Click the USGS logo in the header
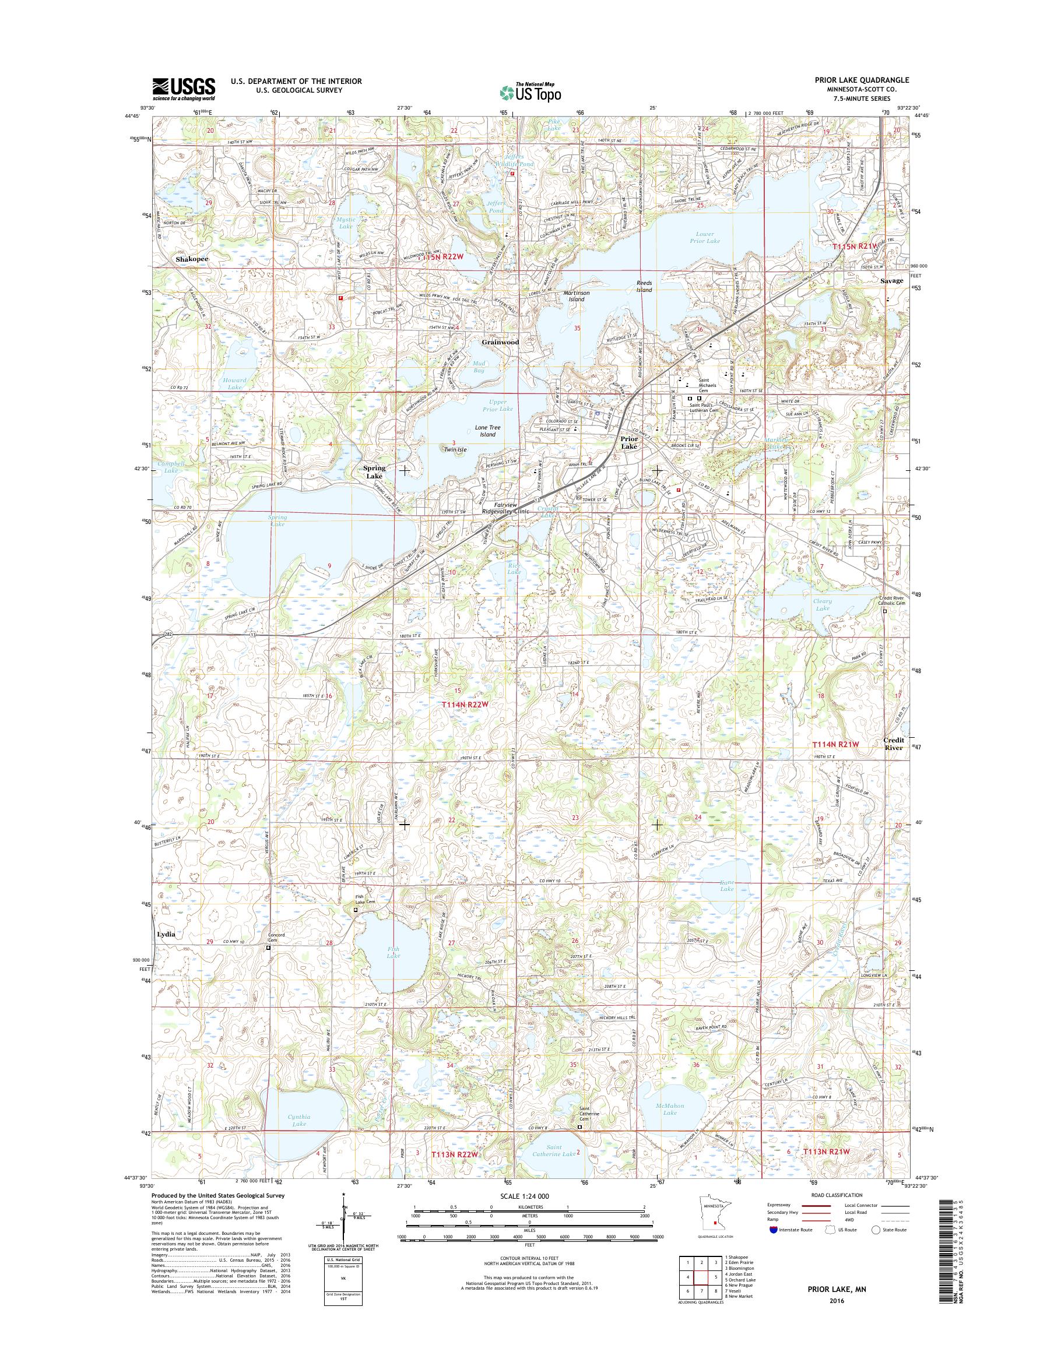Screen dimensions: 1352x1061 (184, 89)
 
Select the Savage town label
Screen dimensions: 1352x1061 (891, 281)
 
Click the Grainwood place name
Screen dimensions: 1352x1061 (500, 341)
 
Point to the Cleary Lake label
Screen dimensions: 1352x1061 (823, 604)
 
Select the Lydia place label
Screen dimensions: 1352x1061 (167, 934)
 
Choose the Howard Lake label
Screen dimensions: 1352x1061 (235, 383)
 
